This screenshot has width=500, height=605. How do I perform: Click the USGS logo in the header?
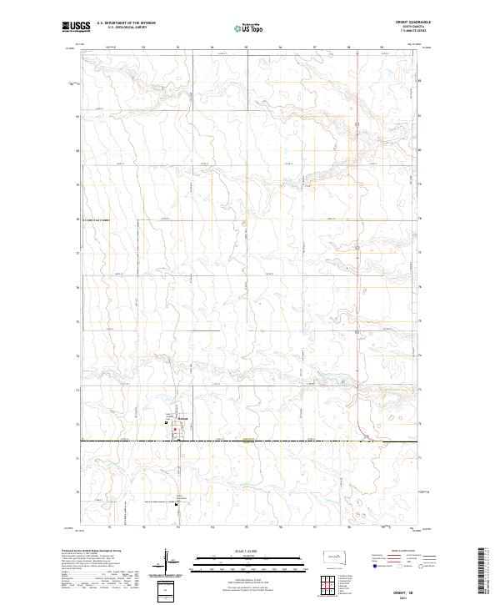click(x=76, y=27)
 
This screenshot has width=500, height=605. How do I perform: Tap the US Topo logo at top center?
click(x=251, y=28)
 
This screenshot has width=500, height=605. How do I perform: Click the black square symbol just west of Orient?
click(x=167, y=422)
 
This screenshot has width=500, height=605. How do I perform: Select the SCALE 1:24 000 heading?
click(x=250, y=547)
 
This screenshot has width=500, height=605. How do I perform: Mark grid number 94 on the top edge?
click(x=212, y=47)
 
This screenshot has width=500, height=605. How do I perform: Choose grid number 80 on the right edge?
click(x=419, y=150)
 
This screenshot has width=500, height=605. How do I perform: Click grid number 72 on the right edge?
click(x=419, y=424)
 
